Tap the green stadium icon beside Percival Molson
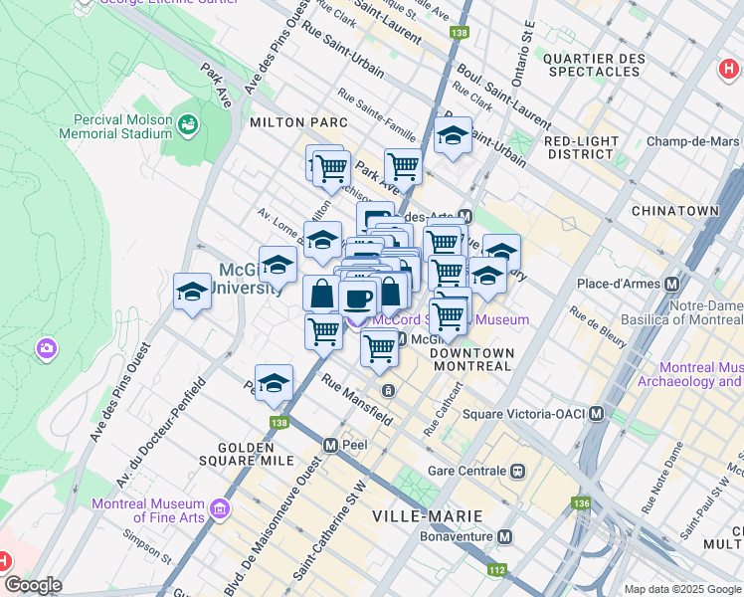[187, 124]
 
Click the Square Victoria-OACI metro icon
[596, 414]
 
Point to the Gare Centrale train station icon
[517, 471]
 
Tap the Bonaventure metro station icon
[505, 537]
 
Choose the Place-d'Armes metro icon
[671, 284]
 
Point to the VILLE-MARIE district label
[427, 516]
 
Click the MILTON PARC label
[298, 122]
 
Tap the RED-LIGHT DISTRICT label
[580, 147]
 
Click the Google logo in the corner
[32, 585]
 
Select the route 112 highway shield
[495, 571]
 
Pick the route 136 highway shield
[580, 504]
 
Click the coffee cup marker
[357, 298]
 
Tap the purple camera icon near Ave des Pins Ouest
[46, 348]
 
